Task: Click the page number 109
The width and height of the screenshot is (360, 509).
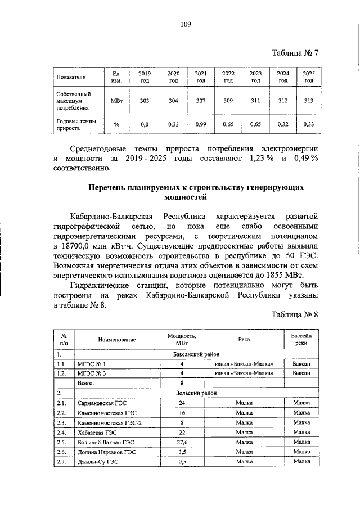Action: click(x=186, y=24)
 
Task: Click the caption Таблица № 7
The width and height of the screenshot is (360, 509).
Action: click(x=295, y=53)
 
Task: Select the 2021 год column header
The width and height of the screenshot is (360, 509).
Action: click(x=200, y=78)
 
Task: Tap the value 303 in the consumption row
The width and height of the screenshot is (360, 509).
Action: click(x=145, y=101)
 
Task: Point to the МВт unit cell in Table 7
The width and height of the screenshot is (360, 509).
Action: click(x=116, y=101)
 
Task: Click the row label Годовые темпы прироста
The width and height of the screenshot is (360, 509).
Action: click(x=76, y=124)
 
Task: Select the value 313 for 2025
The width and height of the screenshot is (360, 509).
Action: click(x=308, y=101)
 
